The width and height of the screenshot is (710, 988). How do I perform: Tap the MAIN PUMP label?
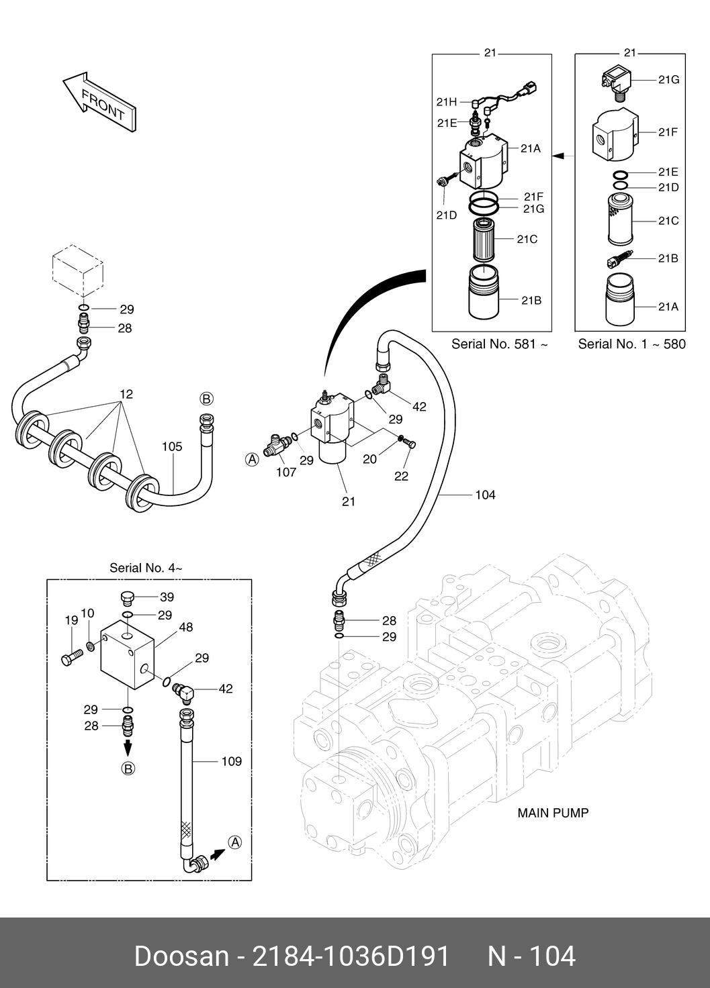(552, 813)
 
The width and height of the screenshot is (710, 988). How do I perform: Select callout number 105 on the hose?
(172, 446)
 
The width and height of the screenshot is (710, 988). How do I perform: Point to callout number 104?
(484, 495)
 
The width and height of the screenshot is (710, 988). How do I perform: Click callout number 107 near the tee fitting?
(286, 472)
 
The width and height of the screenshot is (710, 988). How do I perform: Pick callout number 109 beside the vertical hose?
(231, 761)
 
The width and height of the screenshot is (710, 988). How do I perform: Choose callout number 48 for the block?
(185, 628)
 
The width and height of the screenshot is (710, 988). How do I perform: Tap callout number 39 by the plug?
(165, 597)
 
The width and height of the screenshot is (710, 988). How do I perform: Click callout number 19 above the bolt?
(71, 621)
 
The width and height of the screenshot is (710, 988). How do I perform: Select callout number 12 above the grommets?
(126, 394)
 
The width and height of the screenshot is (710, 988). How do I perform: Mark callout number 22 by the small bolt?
(401, 476)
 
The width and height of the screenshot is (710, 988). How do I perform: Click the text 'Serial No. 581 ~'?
(499, 344)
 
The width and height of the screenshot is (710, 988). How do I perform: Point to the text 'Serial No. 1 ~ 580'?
(631, 344)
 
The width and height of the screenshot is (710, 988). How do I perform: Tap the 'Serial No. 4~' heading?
(146, 568)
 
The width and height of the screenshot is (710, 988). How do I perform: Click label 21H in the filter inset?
(446, 102)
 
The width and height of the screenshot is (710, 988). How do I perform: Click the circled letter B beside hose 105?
(207, 399)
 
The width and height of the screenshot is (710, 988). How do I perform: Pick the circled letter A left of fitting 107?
(252, 460)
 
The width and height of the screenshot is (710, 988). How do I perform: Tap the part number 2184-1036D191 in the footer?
(349, 956)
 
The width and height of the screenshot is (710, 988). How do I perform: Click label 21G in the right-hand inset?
(668, 79)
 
